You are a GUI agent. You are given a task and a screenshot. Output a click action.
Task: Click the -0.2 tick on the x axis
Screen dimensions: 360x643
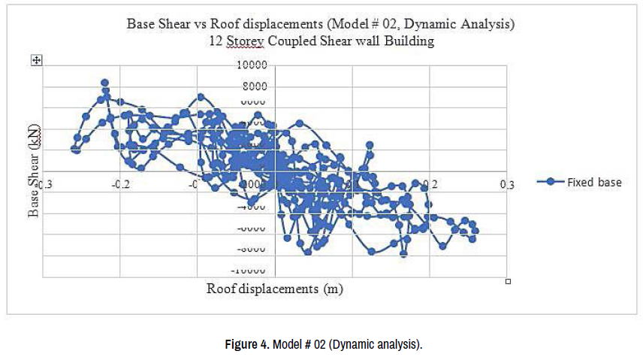(x=122, y=184)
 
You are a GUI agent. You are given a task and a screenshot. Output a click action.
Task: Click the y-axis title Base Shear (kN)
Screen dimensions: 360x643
(x=34, y=171)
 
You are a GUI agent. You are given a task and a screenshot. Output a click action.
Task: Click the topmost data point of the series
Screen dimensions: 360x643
(x=104, y=83)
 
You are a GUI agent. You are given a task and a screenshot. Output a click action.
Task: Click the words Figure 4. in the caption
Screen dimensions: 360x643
(x=246, y=345)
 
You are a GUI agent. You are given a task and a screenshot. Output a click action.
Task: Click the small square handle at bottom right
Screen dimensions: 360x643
(x=509, y=281)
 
